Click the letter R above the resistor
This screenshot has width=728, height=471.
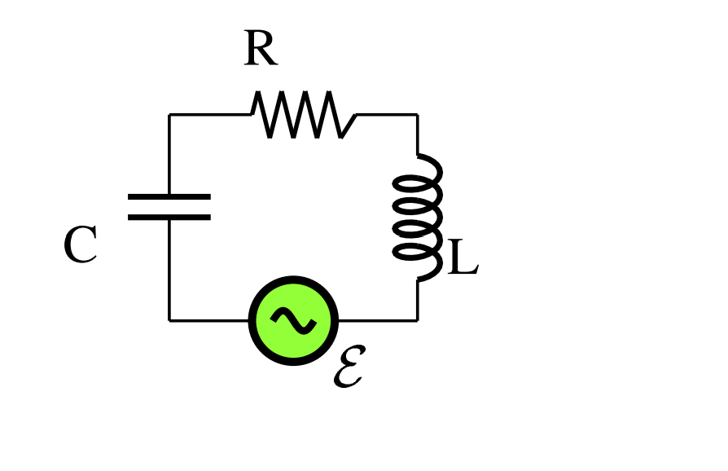(x=261, y=51)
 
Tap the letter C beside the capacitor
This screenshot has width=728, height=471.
(x=81, y=245)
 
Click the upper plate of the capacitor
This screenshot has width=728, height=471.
(x=169, y=196)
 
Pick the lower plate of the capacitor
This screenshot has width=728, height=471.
(x=169, y=218)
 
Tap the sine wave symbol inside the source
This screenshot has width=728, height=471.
(x=293, y=320)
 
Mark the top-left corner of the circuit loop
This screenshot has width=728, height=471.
(x=169, y=115)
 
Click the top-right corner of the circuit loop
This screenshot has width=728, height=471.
(x=418, y=115)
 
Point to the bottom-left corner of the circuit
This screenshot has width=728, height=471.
(x=169, y=320)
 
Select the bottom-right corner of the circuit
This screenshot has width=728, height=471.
(x=418, y=320)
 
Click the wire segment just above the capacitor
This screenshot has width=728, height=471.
(x=169, y=155)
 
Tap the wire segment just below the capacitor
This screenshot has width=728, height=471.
(x=169, y=269)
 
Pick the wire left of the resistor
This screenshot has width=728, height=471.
(x=210, y=115)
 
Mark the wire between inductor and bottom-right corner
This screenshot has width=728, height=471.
(x=418, y=300)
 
